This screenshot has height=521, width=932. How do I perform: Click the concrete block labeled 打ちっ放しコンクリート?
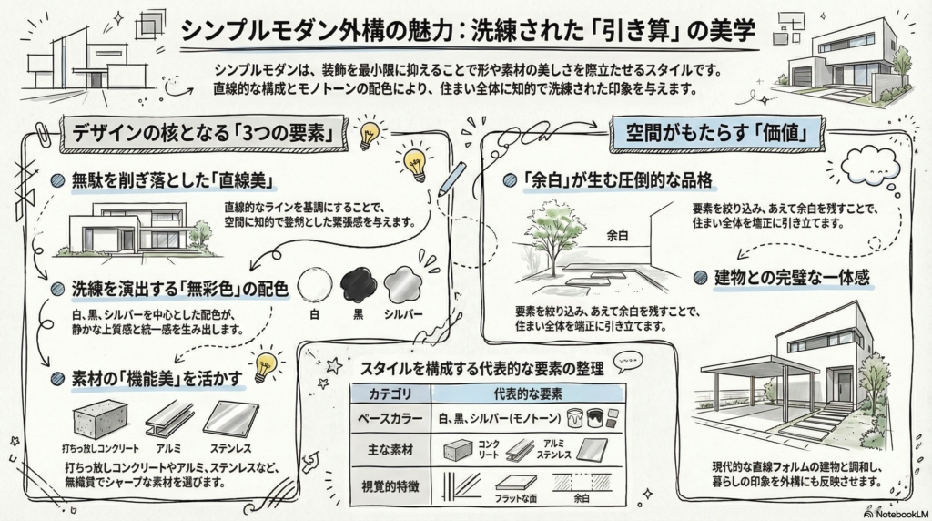(97, 420)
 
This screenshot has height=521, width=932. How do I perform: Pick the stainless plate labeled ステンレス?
(230, 420)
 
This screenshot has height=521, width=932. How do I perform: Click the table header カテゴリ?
(390, 394)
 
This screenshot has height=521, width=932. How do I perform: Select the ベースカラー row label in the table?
(390, 418)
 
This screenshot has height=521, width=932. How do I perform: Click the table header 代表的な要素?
(527, 394)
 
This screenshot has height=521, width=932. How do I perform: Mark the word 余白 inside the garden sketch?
(618, 235)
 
